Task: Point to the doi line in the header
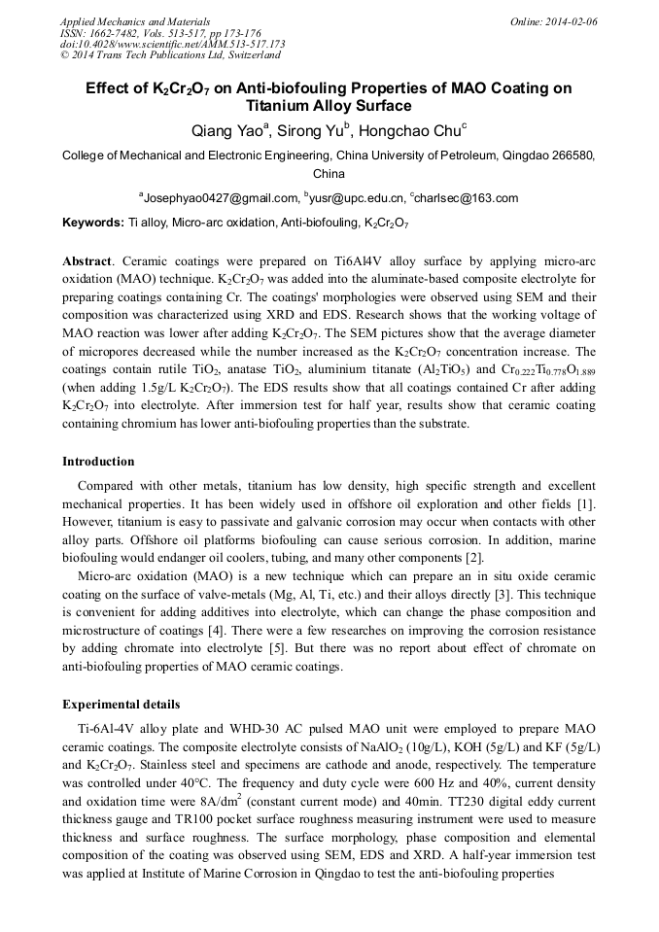click(172, 45)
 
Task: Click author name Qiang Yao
click(229, 129)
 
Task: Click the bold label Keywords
click(92, 223)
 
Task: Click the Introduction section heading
click(98, 462)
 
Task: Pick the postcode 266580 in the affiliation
click(572, 155)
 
